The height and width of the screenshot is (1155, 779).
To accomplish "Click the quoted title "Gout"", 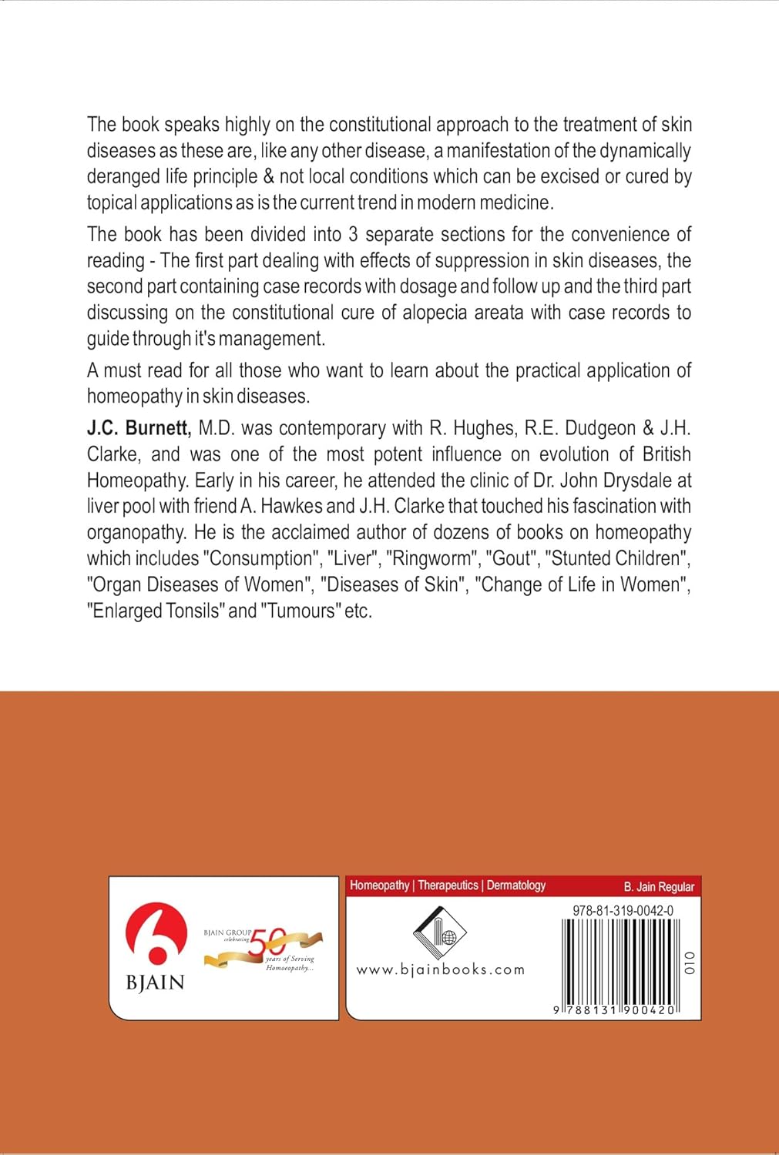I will (x=511, y=558).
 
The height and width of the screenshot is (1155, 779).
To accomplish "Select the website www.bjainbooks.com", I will (x=440, y=970).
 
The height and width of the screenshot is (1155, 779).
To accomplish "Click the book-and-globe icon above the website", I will (x=440, y=932).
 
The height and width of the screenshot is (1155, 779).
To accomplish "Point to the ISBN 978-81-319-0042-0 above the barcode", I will (x=623, y=910).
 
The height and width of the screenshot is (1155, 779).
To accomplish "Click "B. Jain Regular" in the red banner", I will (x=659, y=886).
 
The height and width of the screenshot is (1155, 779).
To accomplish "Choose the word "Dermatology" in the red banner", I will (x=516, y=885).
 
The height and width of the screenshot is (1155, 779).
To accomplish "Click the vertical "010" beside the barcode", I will (x=690, y=963).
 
